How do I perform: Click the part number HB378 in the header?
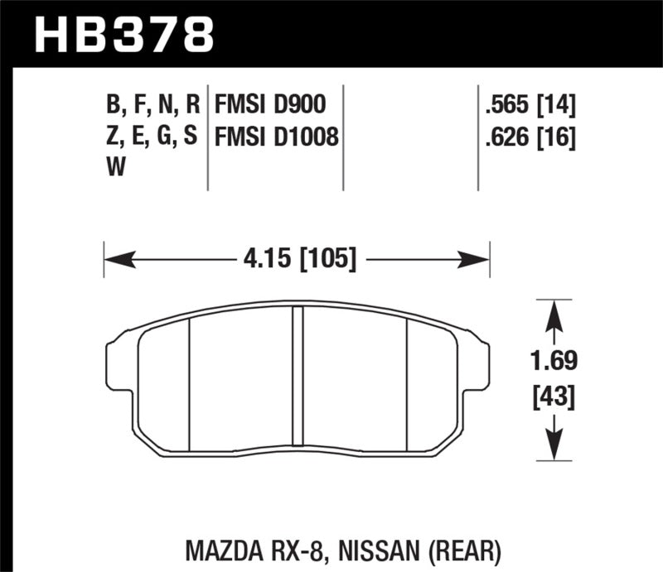coord(124,34)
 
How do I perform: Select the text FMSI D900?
coord(269,105)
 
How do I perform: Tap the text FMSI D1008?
coord(277,137)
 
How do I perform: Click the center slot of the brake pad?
coord(298,373)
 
